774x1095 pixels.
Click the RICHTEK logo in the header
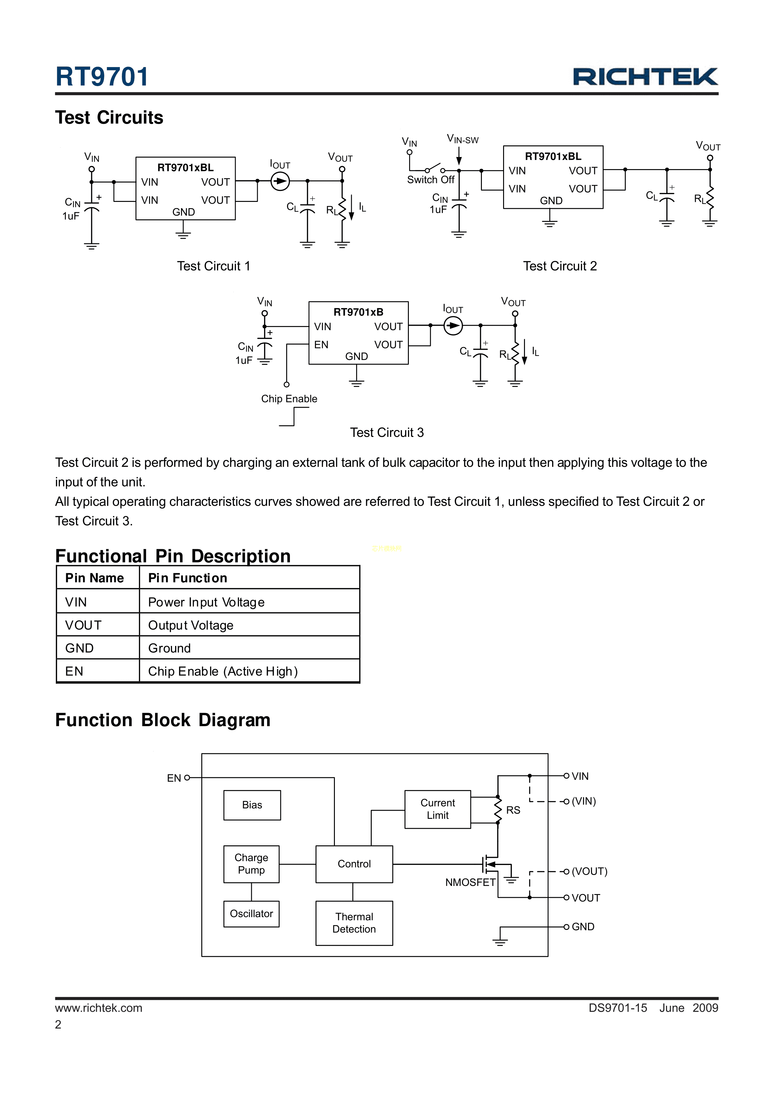[x=645, y=77]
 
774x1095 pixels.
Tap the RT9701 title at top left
[x=102, y=77]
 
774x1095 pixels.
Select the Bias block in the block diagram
[x=252, y=805]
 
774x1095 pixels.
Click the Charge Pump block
[x=251, y=864]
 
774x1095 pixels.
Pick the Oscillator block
[x=251, y=913]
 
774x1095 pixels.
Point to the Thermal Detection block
[x=354, y=923]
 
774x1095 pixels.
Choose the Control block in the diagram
[x=354, y=864]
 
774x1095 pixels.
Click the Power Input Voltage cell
[x=206, y=602]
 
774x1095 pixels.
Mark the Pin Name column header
[x=95, y=578]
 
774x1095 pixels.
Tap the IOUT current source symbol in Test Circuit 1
[x=280, y=181]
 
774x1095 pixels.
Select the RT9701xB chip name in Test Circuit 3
[x=358, y=312]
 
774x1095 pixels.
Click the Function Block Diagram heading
[x=163, y=720]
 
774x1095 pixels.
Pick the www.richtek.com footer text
[x=99, y=1008]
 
